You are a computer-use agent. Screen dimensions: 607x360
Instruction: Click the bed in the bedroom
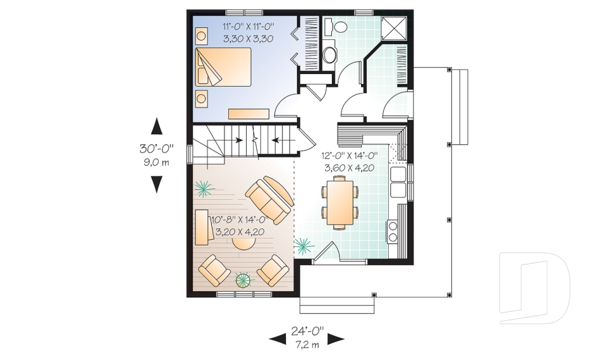(223, 66)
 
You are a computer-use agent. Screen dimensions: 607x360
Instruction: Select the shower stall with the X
(395, 28)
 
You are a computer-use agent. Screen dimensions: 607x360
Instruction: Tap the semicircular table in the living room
(244, 244)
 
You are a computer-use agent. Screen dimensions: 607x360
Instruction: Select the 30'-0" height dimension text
(156, 149)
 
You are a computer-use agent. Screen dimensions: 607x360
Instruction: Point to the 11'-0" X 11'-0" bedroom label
(248, 27)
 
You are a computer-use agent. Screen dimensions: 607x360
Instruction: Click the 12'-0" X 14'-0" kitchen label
(349, 156)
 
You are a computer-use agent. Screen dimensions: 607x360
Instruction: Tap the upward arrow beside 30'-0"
(156, 126)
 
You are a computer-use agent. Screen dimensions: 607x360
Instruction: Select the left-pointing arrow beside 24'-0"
(278, 339)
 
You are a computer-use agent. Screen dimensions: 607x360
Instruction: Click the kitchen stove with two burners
(393, 232)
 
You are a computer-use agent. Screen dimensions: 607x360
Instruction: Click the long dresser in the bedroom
(248, 114)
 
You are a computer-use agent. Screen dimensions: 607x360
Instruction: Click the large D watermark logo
(534, 288)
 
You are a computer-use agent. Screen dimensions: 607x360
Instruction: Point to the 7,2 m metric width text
(307, 345)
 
